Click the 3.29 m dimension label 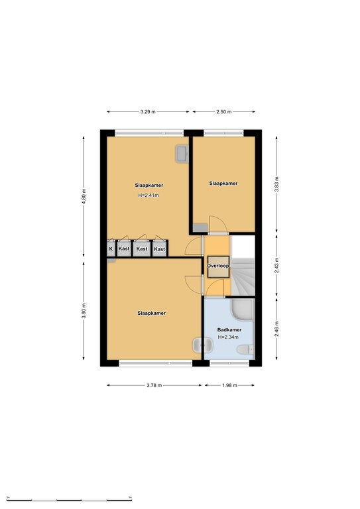pos(148,111)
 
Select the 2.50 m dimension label pos(224,111)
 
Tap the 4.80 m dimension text pos(84,196)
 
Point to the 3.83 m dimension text pos(276,184)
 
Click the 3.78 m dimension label pos(154,385)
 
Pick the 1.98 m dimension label pos(230,385)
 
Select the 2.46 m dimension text pos(276,329)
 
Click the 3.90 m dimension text pos(84,311)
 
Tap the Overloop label pos(218,266)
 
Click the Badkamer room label pos(229,330)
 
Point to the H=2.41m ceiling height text pos(149,196)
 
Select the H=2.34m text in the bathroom pos(228,337)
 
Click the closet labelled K pos(111,249)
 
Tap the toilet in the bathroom pos(245,350)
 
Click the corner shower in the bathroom pos(243,310)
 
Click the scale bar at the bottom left pos(69,499)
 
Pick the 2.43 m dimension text pos(276,266)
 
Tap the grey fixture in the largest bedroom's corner pos(182,154)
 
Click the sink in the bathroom pos(202,345)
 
